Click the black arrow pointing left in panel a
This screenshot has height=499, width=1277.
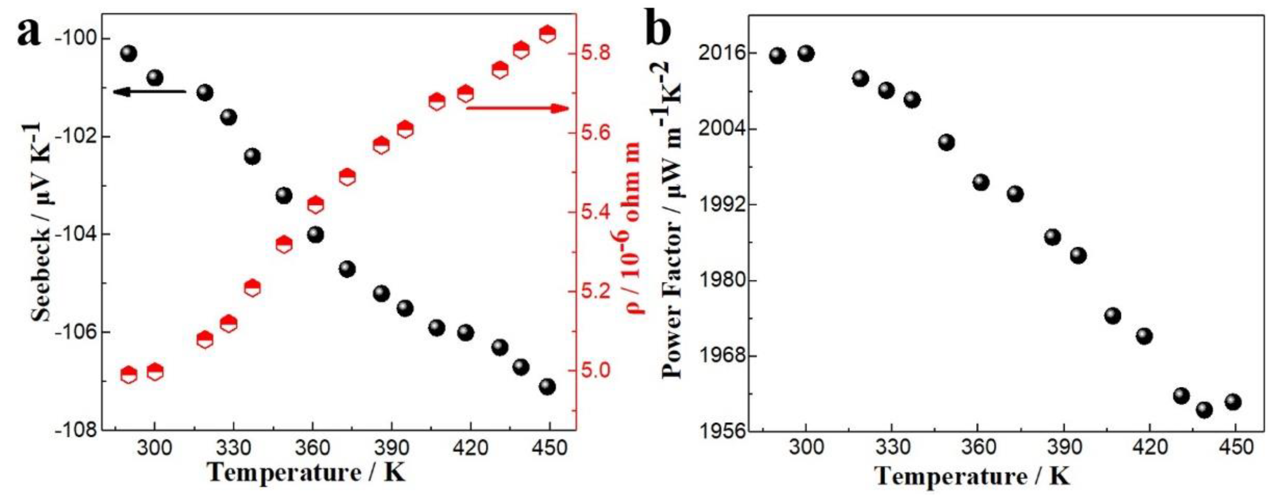point(149,91)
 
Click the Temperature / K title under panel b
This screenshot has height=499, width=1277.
point(972,476)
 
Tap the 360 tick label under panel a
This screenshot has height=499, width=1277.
point(312,448)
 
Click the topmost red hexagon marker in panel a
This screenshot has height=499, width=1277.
point(547,34)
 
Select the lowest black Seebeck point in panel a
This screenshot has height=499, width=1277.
point(547,386)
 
